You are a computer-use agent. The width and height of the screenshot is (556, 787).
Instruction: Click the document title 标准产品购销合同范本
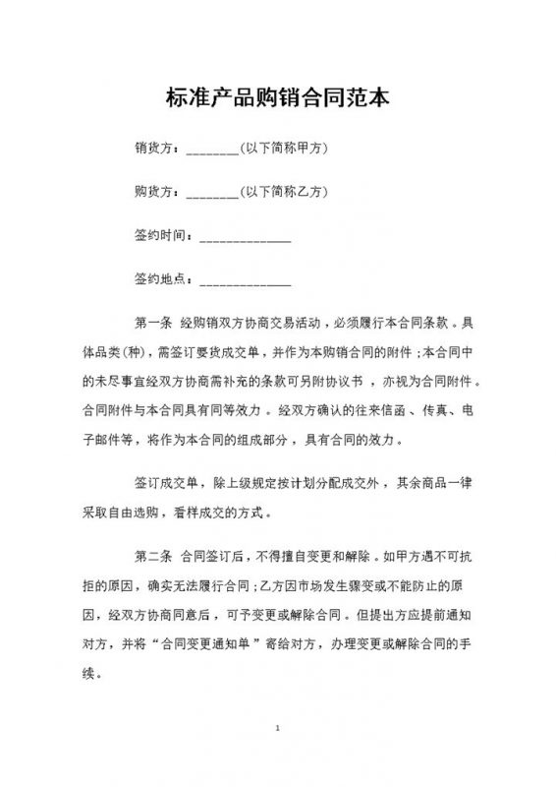click(277, 97)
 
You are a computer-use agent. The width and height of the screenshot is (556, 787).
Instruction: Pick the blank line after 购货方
click(211, 195)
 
